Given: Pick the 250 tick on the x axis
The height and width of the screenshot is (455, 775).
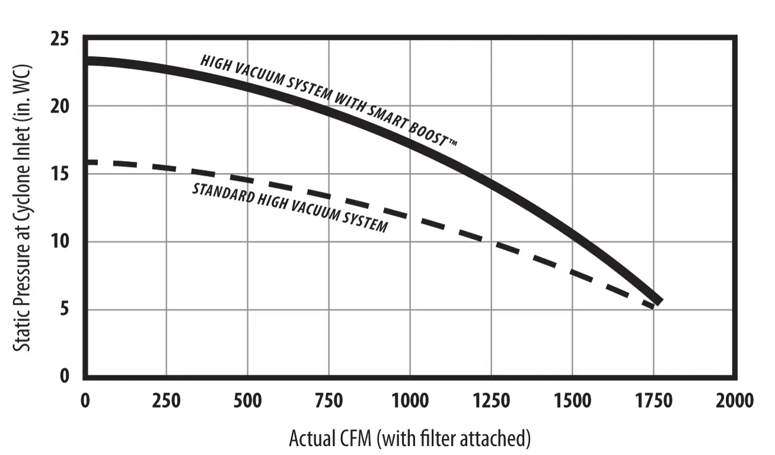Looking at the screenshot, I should tap(166, 400).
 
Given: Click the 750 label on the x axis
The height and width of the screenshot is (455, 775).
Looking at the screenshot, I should tap(329, 400).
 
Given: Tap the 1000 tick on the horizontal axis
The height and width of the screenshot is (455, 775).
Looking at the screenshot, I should tap(410, 400).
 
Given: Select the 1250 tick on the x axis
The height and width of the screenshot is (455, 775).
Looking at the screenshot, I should tap(491, 400).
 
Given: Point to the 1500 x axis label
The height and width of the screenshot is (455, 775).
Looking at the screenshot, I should tap(572, 400).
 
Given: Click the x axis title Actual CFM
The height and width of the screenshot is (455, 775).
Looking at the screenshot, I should tap(409, 439).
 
